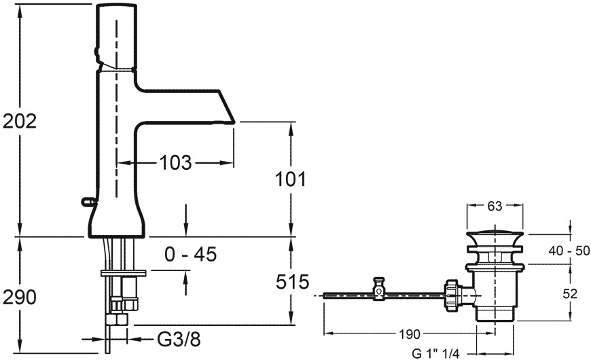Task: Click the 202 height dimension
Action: pos(20,122)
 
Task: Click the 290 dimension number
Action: pos(20,298)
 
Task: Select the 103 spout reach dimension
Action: pos(175,162)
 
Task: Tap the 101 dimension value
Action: pos(291,179)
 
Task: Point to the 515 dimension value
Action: pos(293,282)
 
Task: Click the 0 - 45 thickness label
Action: pos(190,255)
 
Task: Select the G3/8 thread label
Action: pos(178,340)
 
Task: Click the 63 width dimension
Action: pos(495,206)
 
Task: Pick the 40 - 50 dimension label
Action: pos(569,251)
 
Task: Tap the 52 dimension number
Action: pos(569,293)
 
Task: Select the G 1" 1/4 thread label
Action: pos(435,354)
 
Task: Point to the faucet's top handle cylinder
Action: pos(116,37)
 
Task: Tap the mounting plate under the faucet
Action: pos(123,273)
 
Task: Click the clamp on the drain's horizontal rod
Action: pos(378,289)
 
